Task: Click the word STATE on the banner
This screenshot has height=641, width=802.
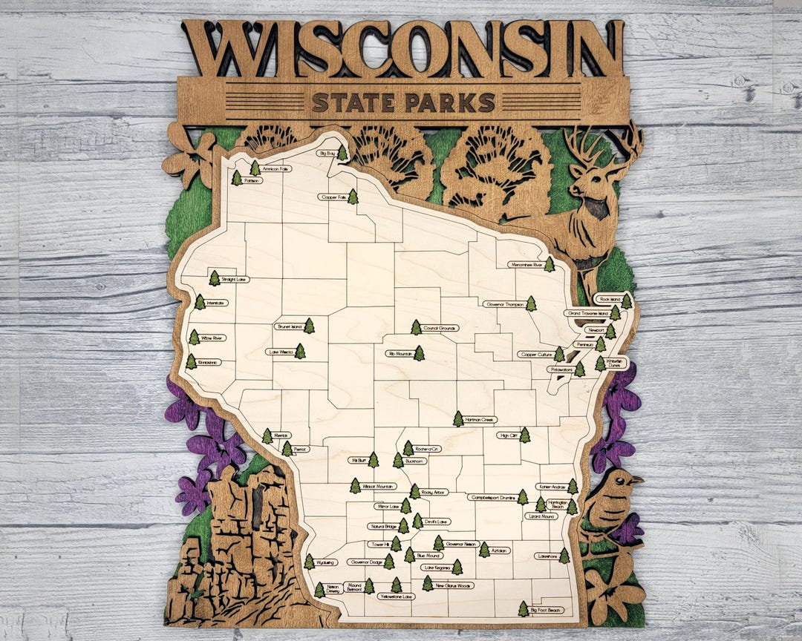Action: pyautogui.click(x=355, y=102)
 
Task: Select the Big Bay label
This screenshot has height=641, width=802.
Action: pyautogui.click(x=327, y=153)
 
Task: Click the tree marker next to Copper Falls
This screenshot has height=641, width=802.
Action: pyautogui.click(x=353, y=197)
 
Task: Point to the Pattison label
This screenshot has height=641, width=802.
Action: pyautogui.click(x=252, y=180)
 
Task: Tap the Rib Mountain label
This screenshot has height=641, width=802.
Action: pyautogui.click(x=400, y=354)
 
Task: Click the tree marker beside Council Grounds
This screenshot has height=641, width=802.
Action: pyautogui.click(x=416, y=327)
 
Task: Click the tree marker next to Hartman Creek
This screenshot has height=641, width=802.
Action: pyautogui.click(x=458, y=419)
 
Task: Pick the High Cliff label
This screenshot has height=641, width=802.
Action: pyautogui.click(x=508, y=435)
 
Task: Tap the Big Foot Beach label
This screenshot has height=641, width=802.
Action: pyautogui.click(x=548, y=611)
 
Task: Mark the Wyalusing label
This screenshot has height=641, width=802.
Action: pyautogui.click(x=327, y=562)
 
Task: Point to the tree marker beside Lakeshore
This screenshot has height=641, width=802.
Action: pyautogui.click(x=564, y=556)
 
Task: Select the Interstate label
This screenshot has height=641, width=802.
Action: pyautogui.click(x=216, y=303)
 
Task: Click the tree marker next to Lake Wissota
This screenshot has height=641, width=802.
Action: pyautogui.click(x=300, y=351)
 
